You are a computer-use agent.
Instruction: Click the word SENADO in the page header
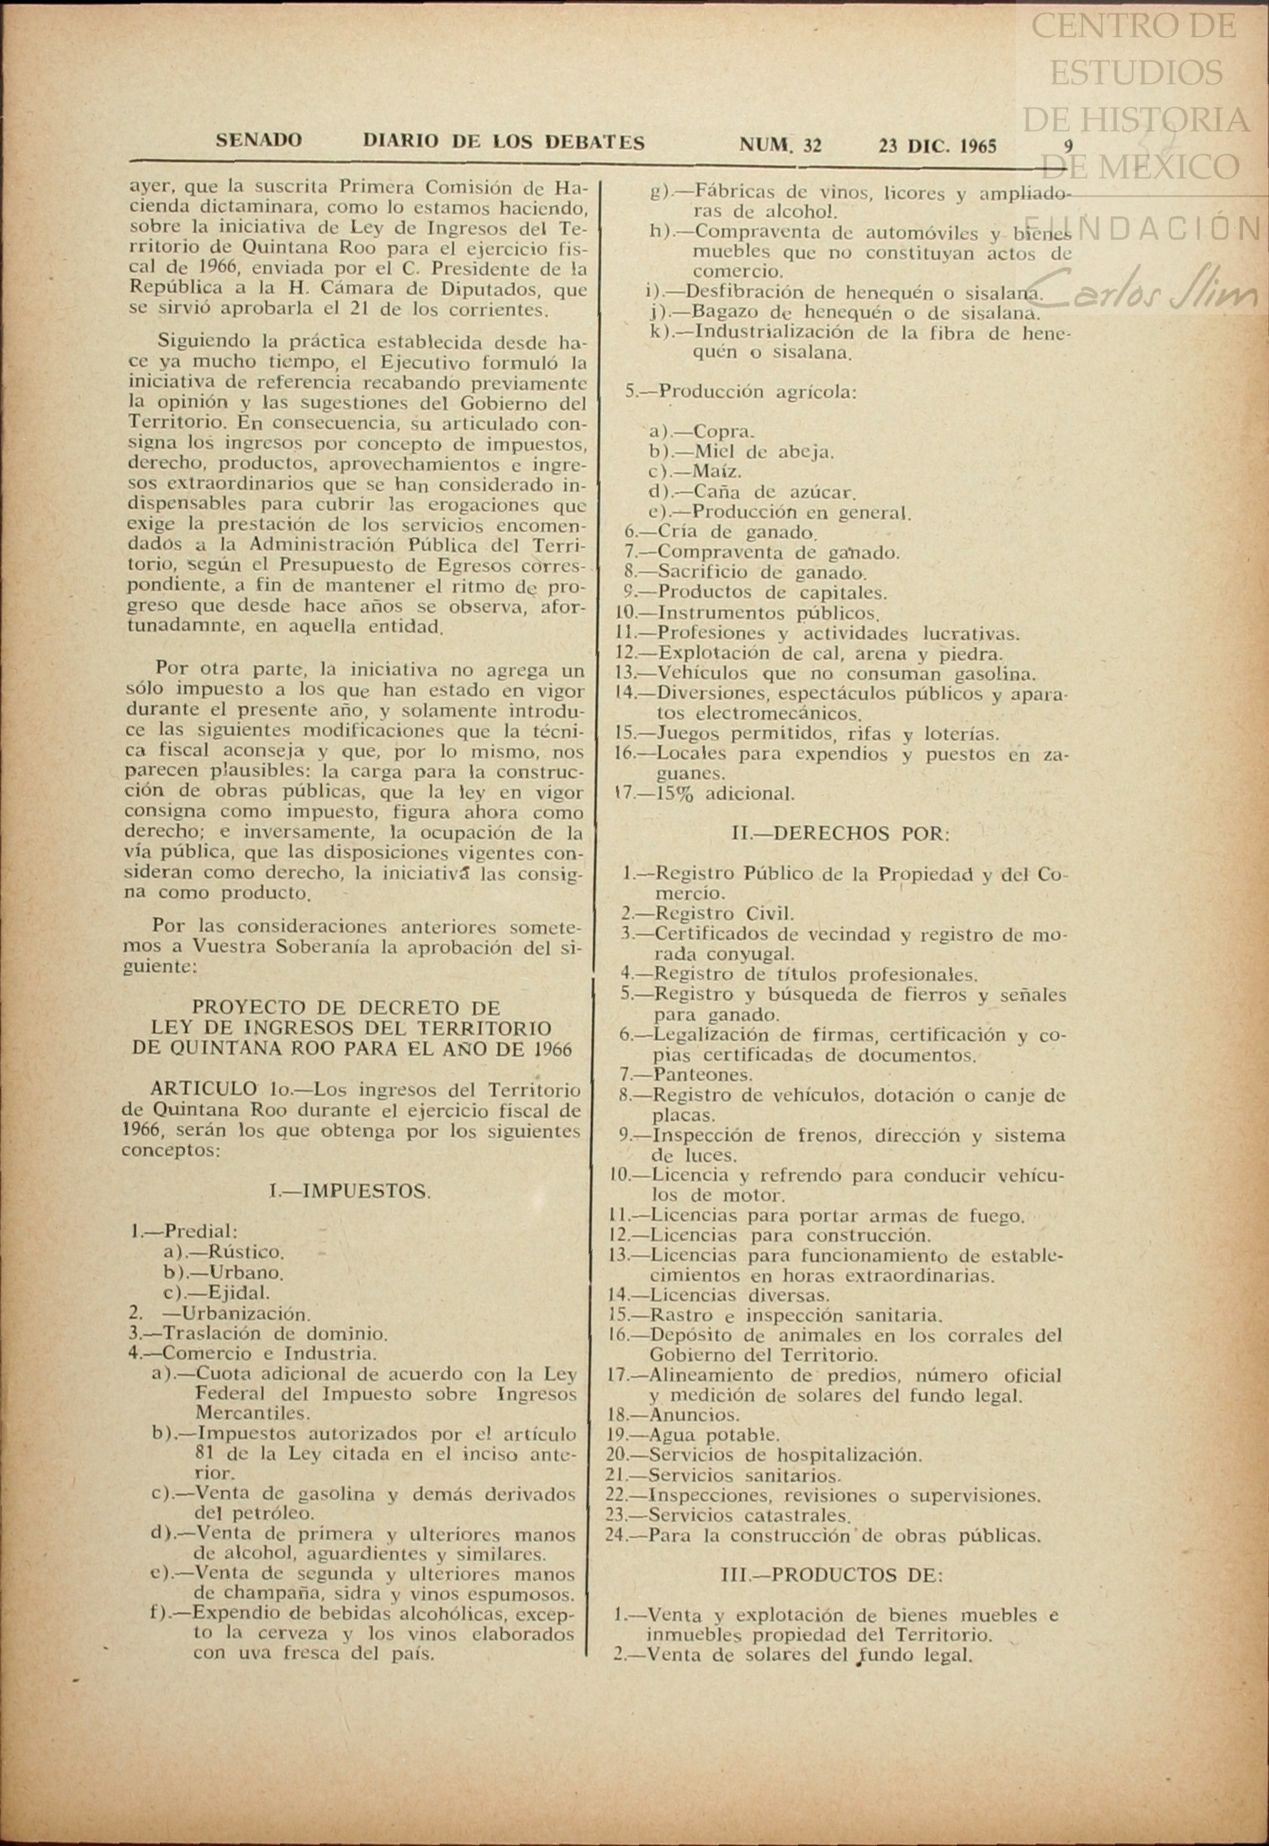click(259, 141)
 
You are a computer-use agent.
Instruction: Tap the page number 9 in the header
click(1068, 145)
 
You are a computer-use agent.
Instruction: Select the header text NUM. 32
click(780, 145)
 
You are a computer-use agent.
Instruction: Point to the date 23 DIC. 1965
click(937, 146)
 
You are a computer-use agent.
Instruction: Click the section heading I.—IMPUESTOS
click(350, 1191)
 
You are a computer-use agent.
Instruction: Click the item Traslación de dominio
click(259, 1334)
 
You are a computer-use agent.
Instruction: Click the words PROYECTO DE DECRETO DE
click(346, 1008)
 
